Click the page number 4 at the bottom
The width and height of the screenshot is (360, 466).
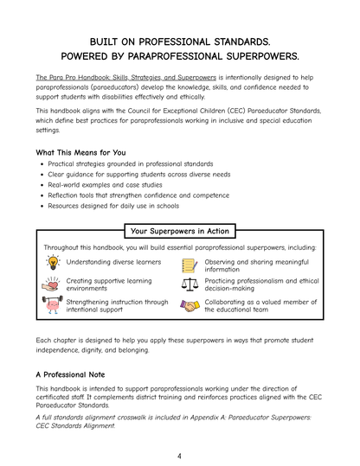(x=179, y=456)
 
